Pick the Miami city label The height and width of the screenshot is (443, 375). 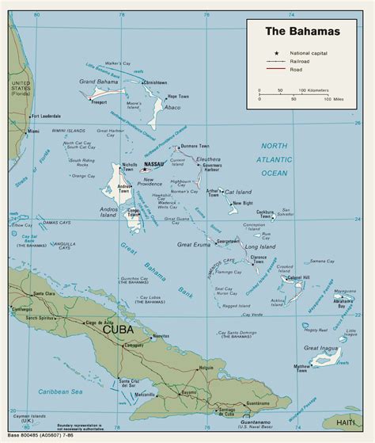pos(33,130)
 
